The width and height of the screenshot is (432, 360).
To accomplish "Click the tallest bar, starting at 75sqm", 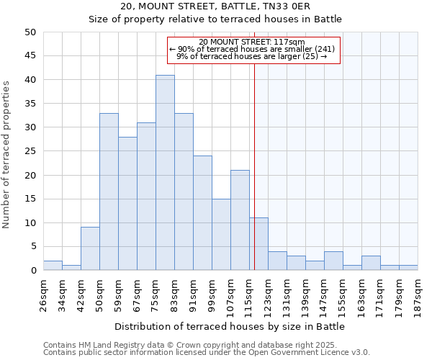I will click(x=165, y=173).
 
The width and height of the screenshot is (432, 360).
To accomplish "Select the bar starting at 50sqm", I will click(x=109, y=192).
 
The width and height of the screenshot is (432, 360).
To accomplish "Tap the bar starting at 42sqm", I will click(x=90, y=248).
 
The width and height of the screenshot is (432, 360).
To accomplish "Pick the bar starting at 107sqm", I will click(x=240, y=220).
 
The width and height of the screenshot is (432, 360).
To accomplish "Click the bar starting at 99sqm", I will click(x=221, y=235).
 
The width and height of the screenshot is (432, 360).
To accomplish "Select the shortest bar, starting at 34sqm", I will click(x=71, y=268).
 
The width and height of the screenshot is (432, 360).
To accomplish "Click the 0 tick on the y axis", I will click(x=33, y=271).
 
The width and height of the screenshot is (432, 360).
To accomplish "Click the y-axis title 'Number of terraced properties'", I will click(x=7, y=154).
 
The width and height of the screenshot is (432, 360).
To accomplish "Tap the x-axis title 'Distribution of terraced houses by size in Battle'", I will click(x=230, y=326).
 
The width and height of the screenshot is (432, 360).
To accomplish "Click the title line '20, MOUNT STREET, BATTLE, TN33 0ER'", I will click(x=215, y=6).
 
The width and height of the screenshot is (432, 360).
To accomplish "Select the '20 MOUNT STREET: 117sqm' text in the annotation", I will click(x=252, y=42).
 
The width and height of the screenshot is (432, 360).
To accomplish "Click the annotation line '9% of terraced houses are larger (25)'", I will click(x=252, y=56).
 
